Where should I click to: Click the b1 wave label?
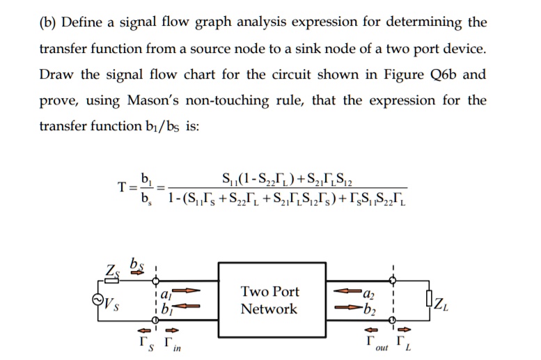pos(167,309)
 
